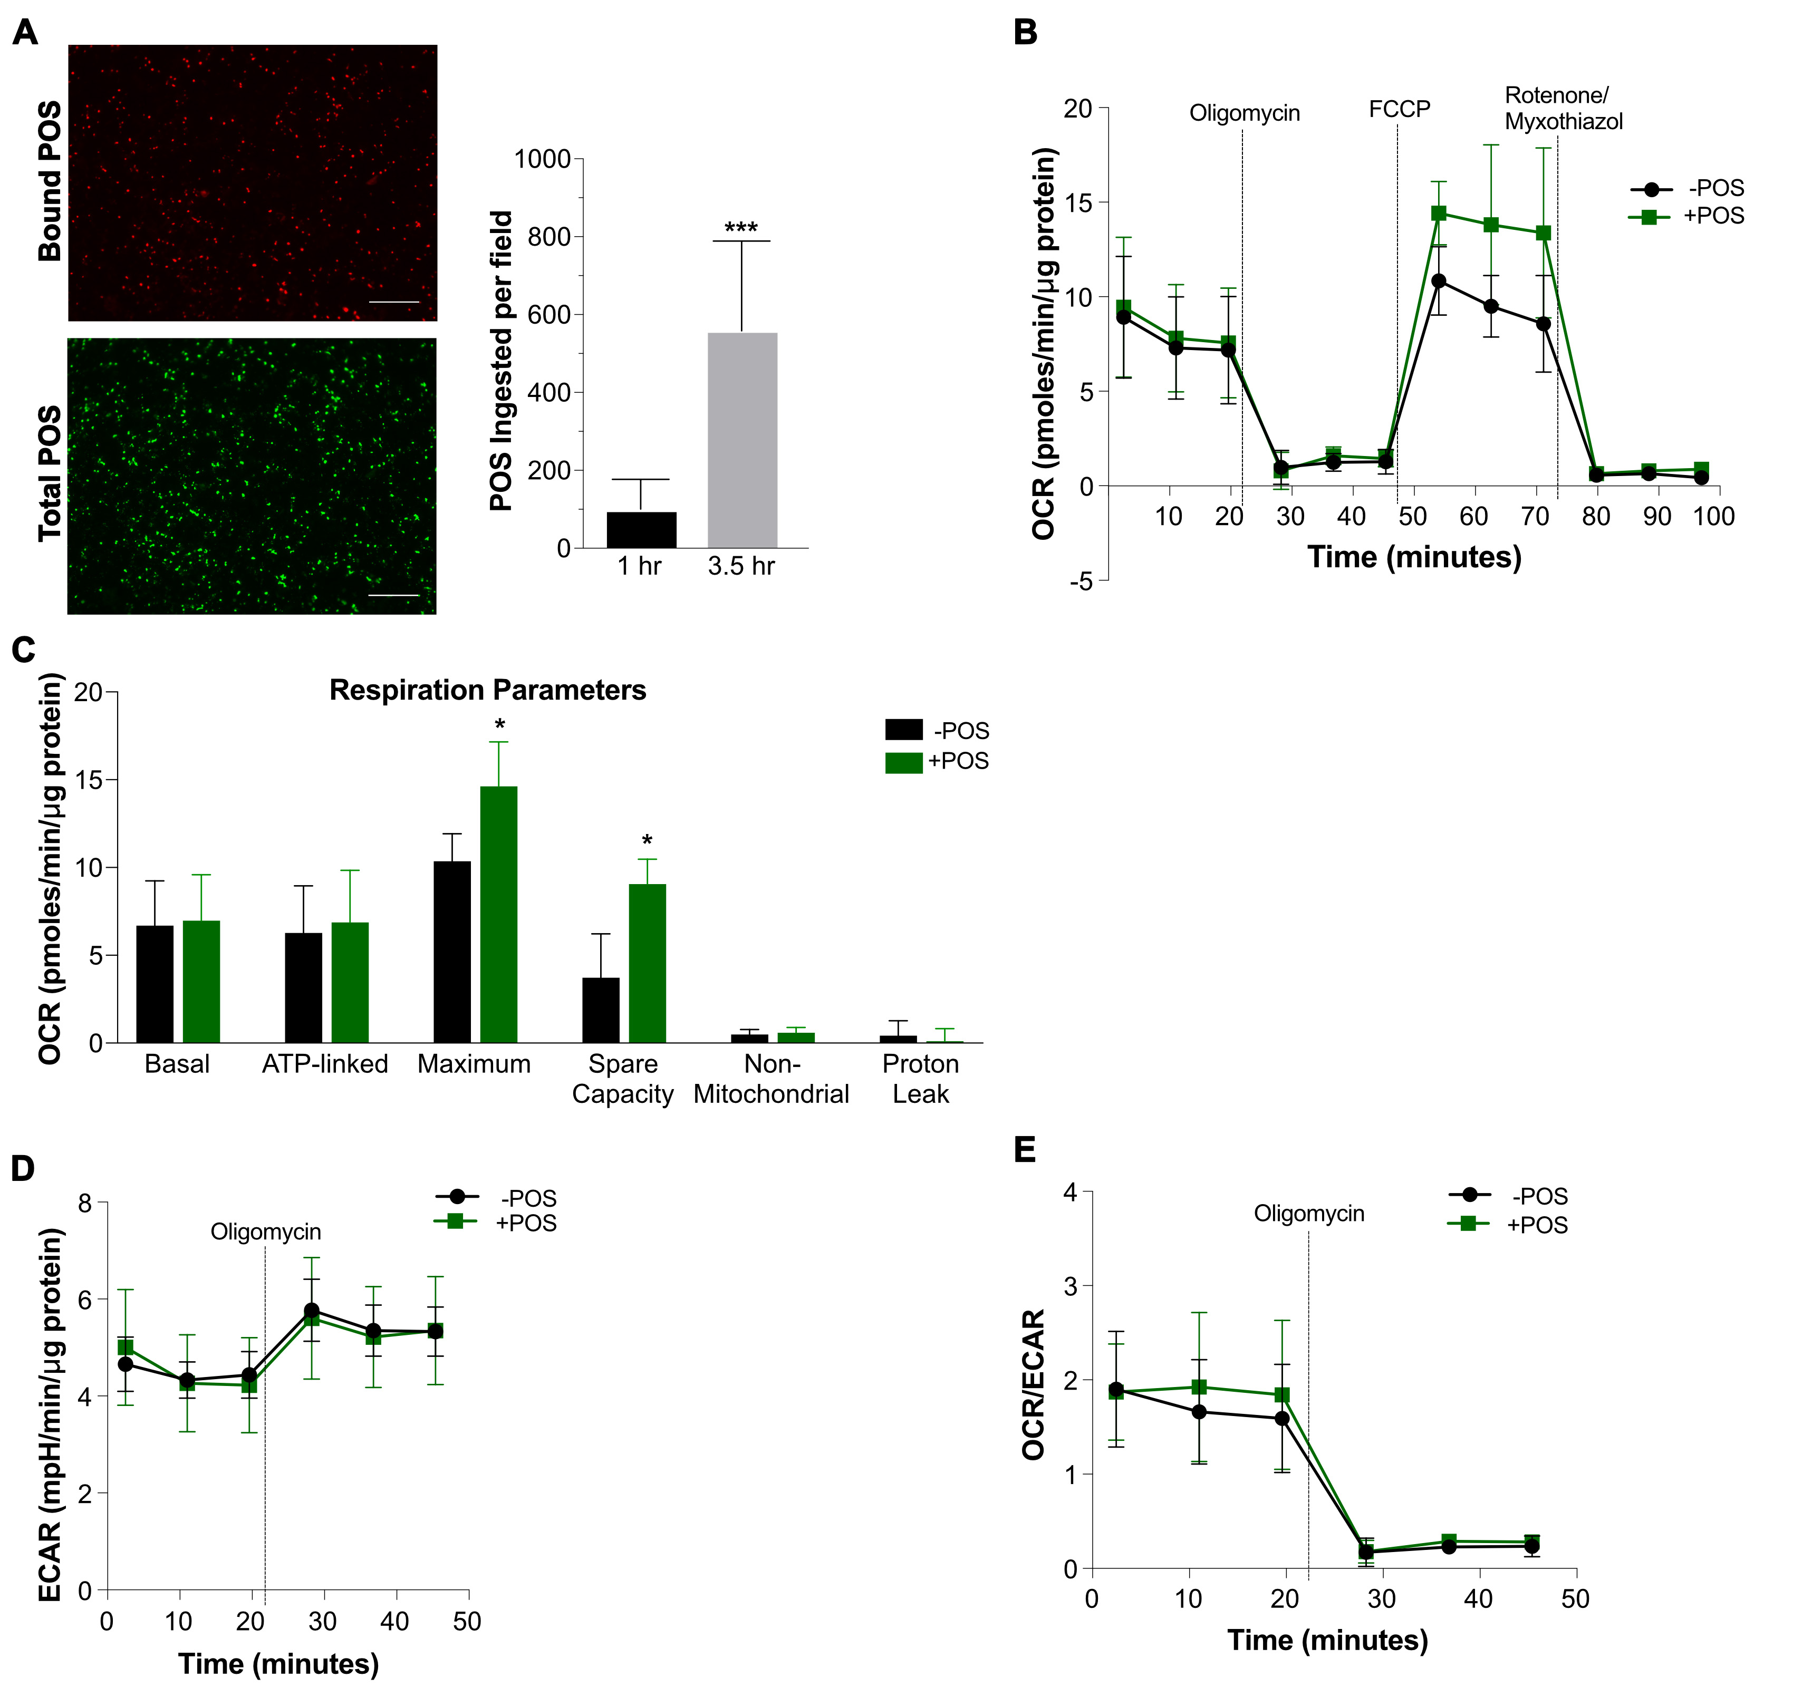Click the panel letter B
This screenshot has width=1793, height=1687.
tap(1026, 33)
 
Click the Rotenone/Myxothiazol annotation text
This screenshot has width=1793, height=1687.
tap(1563, 108)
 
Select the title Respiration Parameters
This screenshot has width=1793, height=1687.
tap(487, 690)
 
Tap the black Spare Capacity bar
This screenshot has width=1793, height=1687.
tap(601, 1010)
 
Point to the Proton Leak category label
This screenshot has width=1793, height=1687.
tap(920, 1079)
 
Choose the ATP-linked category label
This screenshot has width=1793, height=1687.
tap(325, 1064)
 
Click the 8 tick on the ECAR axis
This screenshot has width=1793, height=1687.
tap(85, 1203)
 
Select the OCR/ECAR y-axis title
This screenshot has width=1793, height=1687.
tap(1034, 1384)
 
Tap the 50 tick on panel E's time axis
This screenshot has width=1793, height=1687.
tap(1575, 1598)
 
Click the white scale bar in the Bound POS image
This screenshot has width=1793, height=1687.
tap(394, 302)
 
